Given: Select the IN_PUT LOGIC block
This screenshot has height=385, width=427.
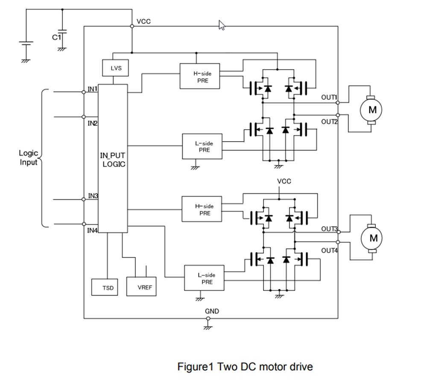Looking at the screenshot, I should [113, 158].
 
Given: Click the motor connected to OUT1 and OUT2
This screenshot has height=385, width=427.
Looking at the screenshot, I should [372, 110].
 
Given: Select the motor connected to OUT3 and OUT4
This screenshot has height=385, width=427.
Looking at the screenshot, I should [373, 238].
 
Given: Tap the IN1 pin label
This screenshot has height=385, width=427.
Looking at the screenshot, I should [93, 89].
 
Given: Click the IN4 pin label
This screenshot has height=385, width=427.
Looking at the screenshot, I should [93, 231].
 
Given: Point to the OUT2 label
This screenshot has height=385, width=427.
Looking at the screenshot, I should [329, 121].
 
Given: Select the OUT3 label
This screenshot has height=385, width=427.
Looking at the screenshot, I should [329, 228].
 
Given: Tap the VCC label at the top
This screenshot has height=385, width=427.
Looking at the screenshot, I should [143, 21].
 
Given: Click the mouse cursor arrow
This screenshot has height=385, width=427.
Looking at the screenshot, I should [222, 25].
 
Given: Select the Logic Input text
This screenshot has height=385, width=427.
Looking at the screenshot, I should [29, 157].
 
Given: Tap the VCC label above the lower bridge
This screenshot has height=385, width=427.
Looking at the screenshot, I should [284, 181].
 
